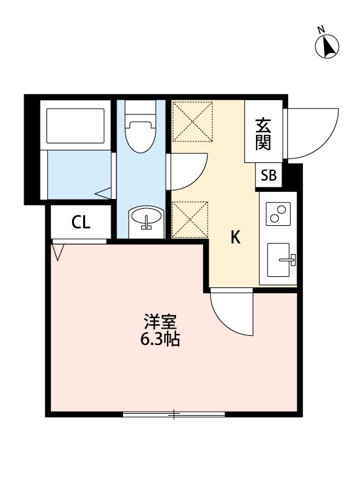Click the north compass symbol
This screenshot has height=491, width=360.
pyautogui.click(x=327, y=46)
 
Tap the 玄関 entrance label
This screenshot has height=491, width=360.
pyautogui.click(x=263, y=134)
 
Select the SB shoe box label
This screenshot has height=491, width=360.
pyautogui.click(x=268, y=175)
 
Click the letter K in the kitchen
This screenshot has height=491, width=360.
pyautogui.click(x=235, y=238)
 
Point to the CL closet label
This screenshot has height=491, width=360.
pyautogui.click(x=81, y=223)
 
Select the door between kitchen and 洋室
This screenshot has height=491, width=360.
pyautogui.click(x=231, y=313)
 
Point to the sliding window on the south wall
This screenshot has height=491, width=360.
pyautogui.click(x=173, y=414)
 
